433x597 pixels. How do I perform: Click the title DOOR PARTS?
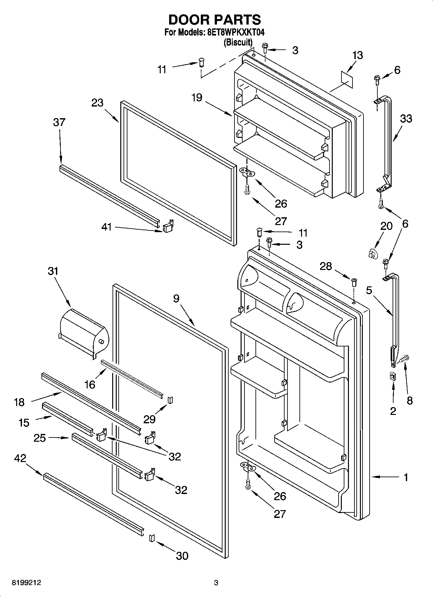[215, 20]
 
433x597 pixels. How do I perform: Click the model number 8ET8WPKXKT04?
[235, 33]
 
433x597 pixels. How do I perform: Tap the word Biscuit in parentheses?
[238, 42]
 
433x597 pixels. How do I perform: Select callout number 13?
[357, 55]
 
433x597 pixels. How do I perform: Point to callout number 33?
[406, 119]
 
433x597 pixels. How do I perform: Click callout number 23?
[97, 103]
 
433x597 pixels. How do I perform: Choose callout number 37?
[60, 122]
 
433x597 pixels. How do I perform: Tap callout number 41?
[106, 227]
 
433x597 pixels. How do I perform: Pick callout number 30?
[182, 556]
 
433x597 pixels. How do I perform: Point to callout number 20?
[386, 226]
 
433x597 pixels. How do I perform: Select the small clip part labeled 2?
[393, 376]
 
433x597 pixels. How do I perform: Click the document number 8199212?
[26, 583]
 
